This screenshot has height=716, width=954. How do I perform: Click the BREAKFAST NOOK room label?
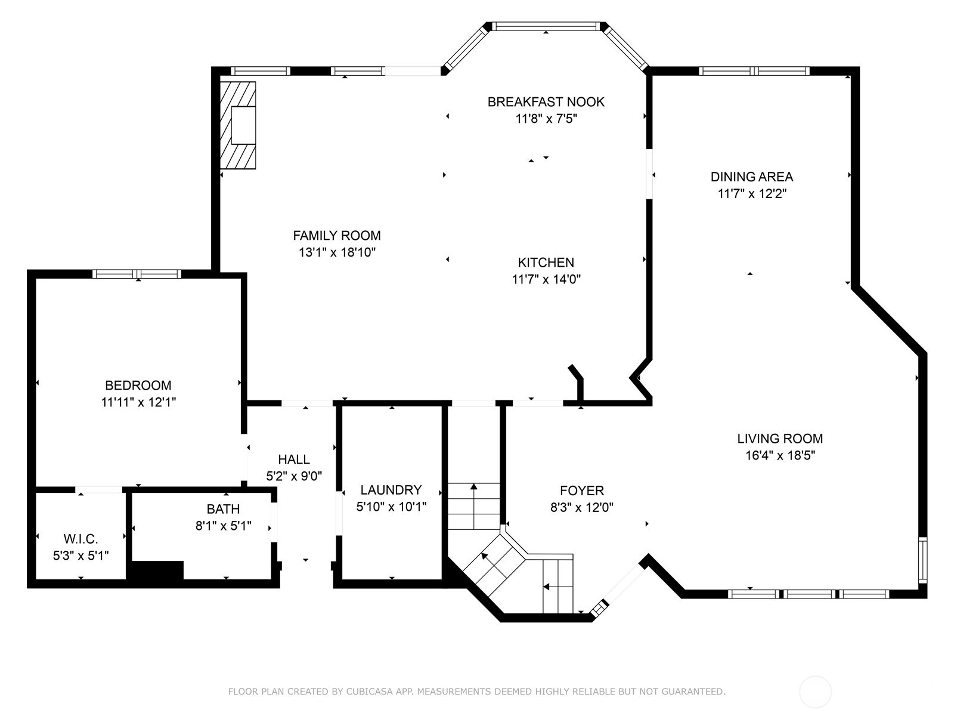[x=546, y=101]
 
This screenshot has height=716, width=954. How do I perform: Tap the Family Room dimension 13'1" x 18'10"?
[x=337, y=252]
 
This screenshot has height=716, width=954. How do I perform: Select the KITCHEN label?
[x=546, y=262]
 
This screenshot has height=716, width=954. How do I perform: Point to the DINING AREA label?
[x=752, y=177]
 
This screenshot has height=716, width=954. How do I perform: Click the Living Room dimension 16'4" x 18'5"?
[x=780, y=455]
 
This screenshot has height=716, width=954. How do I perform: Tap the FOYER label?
[x=582, y=490]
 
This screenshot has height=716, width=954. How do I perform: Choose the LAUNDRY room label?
[x=391, y=490]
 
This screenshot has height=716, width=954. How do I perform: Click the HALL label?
[x=294, y=459]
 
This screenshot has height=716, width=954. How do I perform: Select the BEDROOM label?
[x=138, y=385]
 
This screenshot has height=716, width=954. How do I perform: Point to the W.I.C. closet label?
[x=81, y=539]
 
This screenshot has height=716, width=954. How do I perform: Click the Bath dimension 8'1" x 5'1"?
[x=224, y=526]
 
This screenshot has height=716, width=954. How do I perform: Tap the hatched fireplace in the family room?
[x=238, y=125]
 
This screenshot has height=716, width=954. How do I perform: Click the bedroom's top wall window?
[x=137, y=274]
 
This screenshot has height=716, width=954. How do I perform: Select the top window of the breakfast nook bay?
[x=546, y=26]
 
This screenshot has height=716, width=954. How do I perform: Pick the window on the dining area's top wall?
[x=754, y=71]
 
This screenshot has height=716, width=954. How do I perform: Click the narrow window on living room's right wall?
[x=923, y=560]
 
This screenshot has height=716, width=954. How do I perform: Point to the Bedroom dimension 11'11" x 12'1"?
[x=138, y=402]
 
